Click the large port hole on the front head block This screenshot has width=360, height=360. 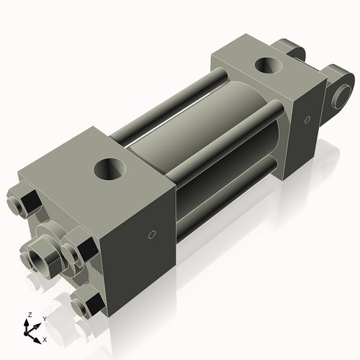[x=111, y=171]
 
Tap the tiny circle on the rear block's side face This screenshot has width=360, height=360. [x=307, y=119]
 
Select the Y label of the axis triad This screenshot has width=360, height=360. [x=44, y=318]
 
